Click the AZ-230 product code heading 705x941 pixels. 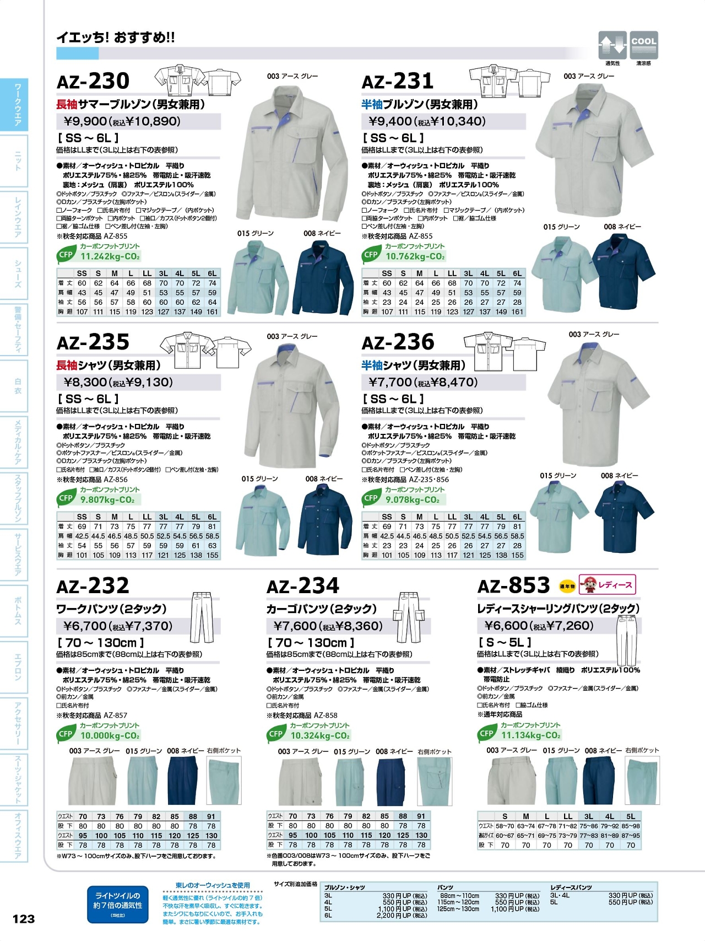pyautogui.click(x=93, y=82)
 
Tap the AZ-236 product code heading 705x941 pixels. pyautogui.click(x=398, y=342)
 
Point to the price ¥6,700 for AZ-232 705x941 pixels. pyautogui.click(x=85, y=626)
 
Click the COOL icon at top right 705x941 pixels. pyautogui.click(x=643, y=45)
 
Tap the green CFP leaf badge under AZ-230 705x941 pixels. pyautogui.click(x=66, y=255)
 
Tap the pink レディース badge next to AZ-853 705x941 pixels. pyautogui.click(x=607, y=585)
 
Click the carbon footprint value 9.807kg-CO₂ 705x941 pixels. pyautogui.click(x=107, y=500)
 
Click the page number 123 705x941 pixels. pyautogui.click(x=24, y=919)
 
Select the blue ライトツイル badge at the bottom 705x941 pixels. pyautogui.click(x=117, y=904)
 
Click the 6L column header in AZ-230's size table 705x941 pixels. pyautogui.click(x=212, y=273)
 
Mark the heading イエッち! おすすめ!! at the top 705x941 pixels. pyautogui.click(x=116, y=37)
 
